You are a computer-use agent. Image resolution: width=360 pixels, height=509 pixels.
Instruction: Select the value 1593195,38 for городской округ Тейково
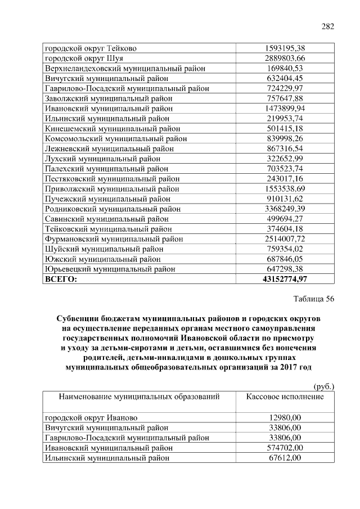285,48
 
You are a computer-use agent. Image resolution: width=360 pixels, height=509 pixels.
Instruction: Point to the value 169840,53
285,68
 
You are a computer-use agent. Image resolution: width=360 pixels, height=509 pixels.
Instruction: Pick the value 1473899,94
285,108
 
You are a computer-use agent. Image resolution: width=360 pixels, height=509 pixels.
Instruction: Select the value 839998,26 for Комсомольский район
285,138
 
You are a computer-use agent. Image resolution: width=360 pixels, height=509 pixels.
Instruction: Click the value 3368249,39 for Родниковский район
285,209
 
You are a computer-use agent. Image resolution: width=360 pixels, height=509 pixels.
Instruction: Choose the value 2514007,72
285,239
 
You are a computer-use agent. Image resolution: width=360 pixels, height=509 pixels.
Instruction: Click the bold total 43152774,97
285,279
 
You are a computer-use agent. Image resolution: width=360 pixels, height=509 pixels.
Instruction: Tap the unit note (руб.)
323,386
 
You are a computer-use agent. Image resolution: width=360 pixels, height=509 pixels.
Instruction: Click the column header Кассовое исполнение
285,397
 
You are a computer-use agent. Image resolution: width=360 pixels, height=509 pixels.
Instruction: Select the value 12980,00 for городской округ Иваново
285,417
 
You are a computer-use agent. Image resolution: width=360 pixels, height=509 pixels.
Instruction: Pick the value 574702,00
285,448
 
